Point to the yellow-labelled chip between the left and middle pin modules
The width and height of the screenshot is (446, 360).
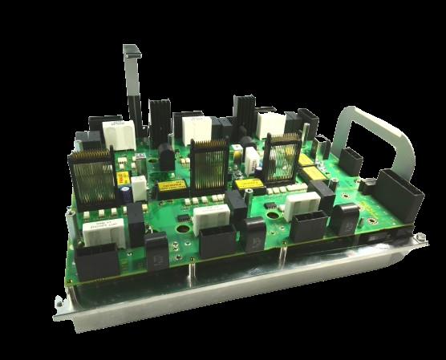pyautogui.click(x=168, y=185)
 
